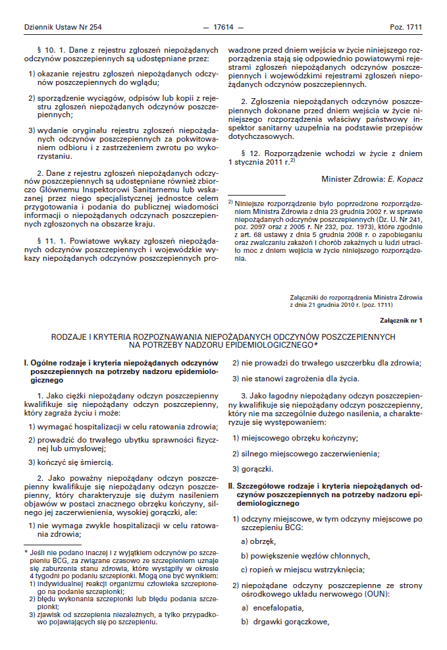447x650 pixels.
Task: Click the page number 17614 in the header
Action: point(224,27)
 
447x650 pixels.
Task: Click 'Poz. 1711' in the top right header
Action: point(406,27)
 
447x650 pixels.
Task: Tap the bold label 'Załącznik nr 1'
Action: point(402,320)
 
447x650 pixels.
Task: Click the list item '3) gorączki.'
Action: point(253,470)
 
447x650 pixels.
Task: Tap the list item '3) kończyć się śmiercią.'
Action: point(70,462)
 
